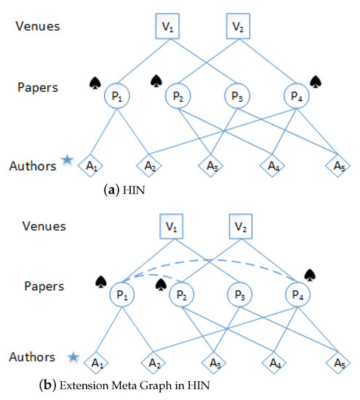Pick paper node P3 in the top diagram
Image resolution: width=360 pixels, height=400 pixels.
pyautogui.click(x=237, y=95)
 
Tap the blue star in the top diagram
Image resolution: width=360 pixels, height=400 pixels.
pyautogui.click(x=67, y=160)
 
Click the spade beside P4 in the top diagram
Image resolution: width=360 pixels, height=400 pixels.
pyautogui.click(x=315, y=81)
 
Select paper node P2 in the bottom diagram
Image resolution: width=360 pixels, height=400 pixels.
pyautogui.click(x=178, y=295)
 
